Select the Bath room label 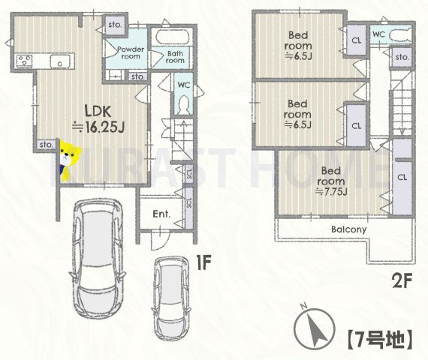click(176, 57)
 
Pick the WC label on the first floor click(183, 86)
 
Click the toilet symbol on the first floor click(183, 107)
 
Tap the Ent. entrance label click(161, 214)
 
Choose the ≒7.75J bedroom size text click(331, 192)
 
